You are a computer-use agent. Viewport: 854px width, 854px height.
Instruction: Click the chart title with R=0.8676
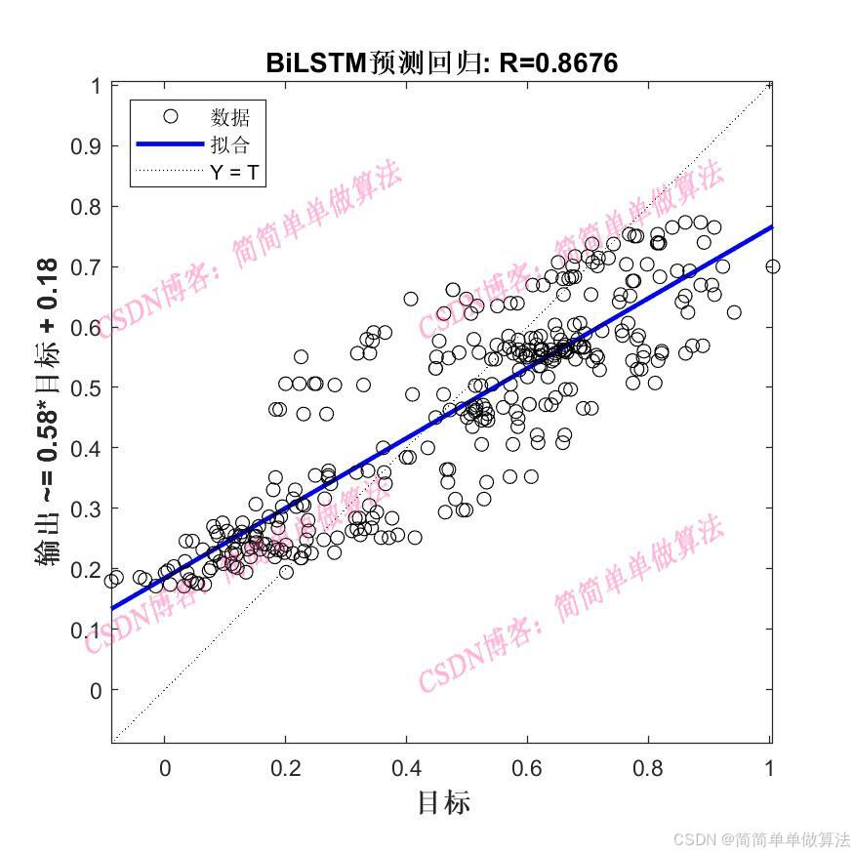(x=441, y=63)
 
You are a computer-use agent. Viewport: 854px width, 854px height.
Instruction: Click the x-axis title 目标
(x=444, y=803)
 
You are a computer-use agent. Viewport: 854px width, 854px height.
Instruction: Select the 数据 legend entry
(x=230, y=118)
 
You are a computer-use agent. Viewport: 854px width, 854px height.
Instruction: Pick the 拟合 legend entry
(x=230, y=145)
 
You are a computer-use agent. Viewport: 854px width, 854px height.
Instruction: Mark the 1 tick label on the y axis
(x=96, y=86)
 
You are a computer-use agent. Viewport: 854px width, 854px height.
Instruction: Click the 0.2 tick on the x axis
(x=286, y=769)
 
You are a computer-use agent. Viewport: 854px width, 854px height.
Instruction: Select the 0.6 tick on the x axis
(x=528, y=769)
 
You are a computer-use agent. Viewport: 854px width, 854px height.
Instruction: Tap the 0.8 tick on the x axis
(x=649, y=769)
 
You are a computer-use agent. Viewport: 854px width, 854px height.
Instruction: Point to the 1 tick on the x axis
(x=770, y=769)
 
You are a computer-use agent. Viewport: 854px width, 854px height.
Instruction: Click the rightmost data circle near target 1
(x=773, y=266)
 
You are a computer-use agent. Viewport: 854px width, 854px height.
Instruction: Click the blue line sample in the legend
(x=170, y=144)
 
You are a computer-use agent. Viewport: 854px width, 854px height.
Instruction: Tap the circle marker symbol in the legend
(x=171, y=117)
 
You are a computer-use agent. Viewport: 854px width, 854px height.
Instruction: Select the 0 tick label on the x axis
(x=165, y=769)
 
